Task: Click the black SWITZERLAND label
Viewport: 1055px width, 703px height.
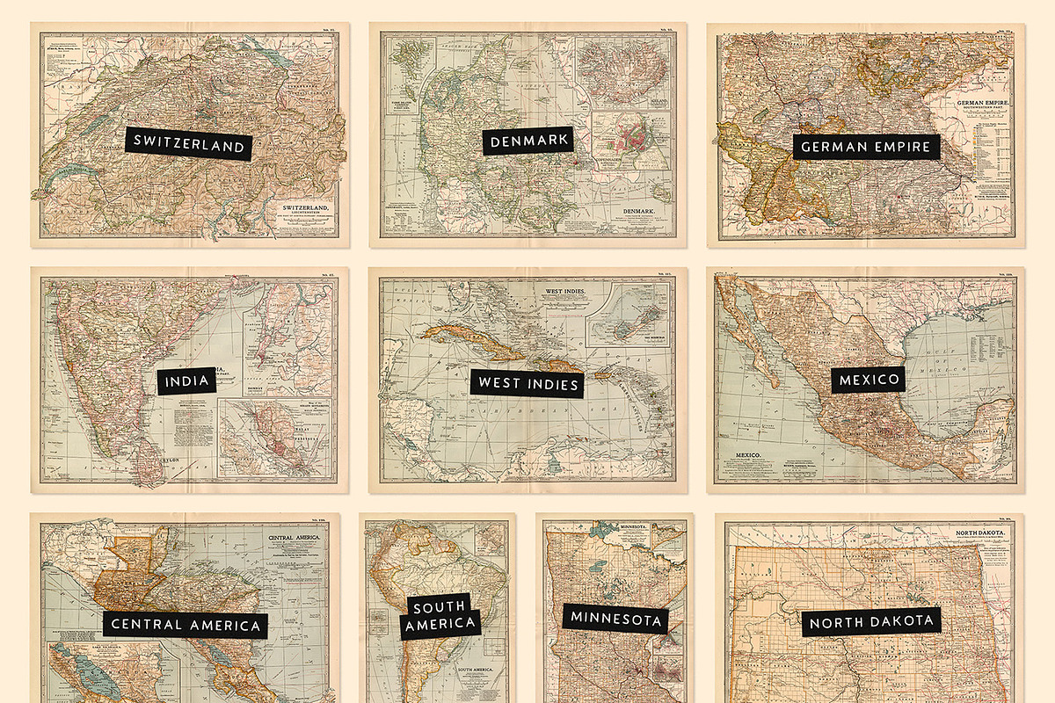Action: [x=189, y=144]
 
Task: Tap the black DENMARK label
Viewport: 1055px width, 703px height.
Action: [x=527, y=141]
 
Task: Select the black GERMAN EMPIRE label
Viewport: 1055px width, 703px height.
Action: [x=865, y=146]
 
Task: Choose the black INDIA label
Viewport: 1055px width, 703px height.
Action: [x=186, y=380]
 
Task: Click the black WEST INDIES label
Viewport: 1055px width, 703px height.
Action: [x=527, y=384]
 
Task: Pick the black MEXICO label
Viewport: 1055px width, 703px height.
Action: [x=869, y=380]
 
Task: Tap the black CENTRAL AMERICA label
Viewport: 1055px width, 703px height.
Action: [x=186, y=625]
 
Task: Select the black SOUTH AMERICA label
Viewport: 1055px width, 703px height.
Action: [x=440, y=615]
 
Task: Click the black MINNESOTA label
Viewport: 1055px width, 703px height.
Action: [x=615, y=619]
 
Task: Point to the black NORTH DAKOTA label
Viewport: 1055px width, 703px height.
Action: [x=870, y=622]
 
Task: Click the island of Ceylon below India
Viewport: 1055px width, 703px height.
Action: [x=149, y=465]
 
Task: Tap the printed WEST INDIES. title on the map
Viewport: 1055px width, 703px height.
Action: [x=564, y=289]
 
